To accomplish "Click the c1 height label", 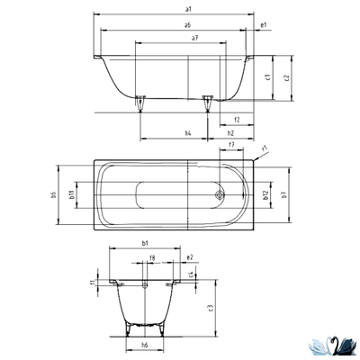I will [x=269, y=77].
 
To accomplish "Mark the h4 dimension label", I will [x=188, y=133].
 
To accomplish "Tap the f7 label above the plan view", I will [x=231, y=146].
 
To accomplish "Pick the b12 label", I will [x=266, y=194].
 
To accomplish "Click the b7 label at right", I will [x=283, y=194].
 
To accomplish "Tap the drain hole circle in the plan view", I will [x=218, y=192].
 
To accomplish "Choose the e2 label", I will [x=190, y=258].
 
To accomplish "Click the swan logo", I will [x=328, y=343].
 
